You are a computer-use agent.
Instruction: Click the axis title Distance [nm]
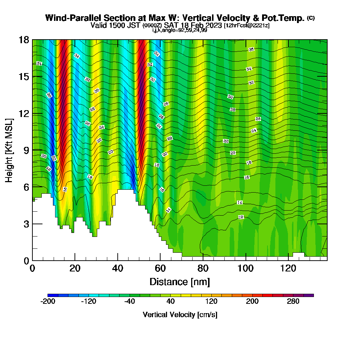[x=180, y=282]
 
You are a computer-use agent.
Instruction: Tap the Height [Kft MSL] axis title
[x=9, y=150]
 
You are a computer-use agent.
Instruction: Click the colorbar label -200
[x=48, y=302]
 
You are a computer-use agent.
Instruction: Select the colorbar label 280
[x=293, y=302]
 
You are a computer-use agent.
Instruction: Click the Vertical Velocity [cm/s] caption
[x=180, y=315]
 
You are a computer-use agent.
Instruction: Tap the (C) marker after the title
[x=311, y=18]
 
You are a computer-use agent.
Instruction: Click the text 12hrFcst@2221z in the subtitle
[x=247, y=26]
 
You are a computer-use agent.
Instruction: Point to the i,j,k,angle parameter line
[x=179, y=30]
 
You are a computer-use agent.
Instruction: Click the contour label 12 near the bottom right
[x=241, y=217]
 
